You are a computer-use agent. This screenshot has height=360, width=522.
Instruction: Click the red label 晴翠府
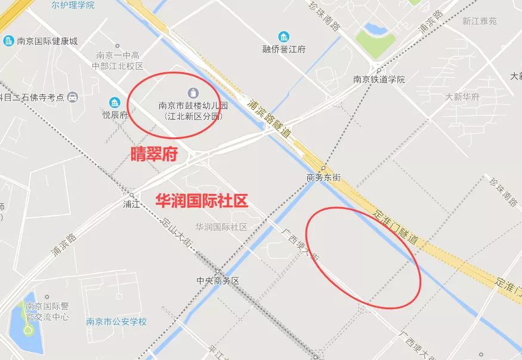tap(154, 155)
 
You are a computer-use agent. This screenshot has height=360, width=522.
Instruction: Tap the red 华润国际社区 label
tap(201, 201)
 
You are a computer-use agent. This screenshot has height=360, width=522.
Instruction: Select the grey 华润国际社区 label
tap(221, 227)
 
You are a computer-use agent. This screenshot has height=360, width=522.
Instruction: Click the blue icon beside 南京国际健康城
tap(8, 41)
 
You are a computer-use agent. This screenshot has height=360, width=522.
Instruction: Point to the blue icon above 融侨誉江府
tap(284, 37)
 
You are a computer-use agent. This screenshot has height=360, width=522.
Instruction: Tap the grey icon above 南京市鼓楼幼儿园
tap(193, 93)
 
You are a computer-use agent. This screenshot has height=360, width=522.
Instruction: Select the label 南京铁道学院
tap(379, 79)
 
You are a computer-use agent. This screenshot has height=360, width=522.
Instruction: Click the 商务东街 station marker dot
tap(323, 168)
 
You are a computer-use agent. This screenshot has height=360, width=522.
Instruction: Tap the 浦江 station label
tap(131, 204)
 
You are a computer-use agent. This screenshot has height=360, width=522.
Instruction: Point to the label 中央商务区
tap(218, 281)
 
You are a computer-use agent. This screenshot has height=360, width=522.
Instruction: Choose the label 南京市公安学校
tap(116, 322)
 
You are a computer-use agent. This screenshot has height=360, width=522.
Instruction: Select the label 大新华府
tap(462, 97)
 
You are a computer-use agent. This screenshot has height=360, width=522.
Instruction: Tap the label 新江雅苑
tap(479, 20)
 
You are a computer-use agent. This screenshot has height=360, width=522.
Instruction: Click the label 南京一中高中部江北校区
tap(118, 60)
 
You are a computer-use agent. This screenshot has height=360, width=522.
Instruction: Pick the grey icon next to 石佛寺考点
tap(72, 97)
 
